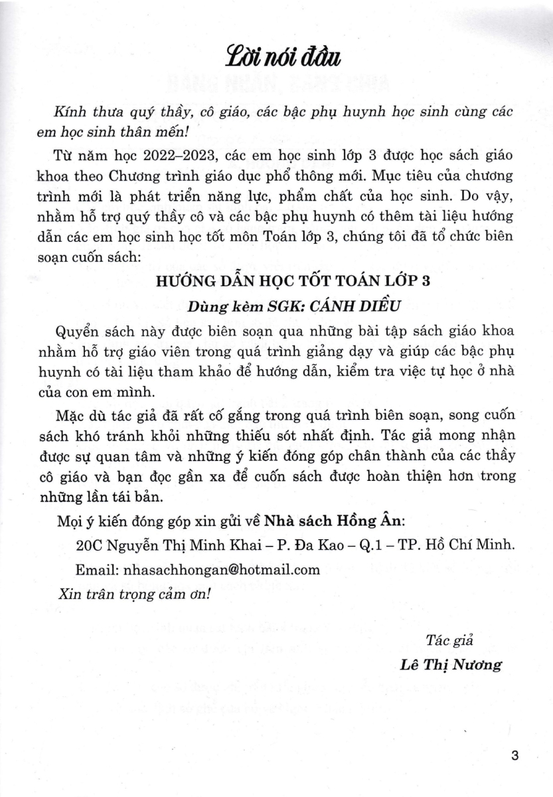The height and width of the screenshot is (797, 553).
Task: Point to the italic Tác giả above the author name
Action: pyautogui.click(x=443, y=640)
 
